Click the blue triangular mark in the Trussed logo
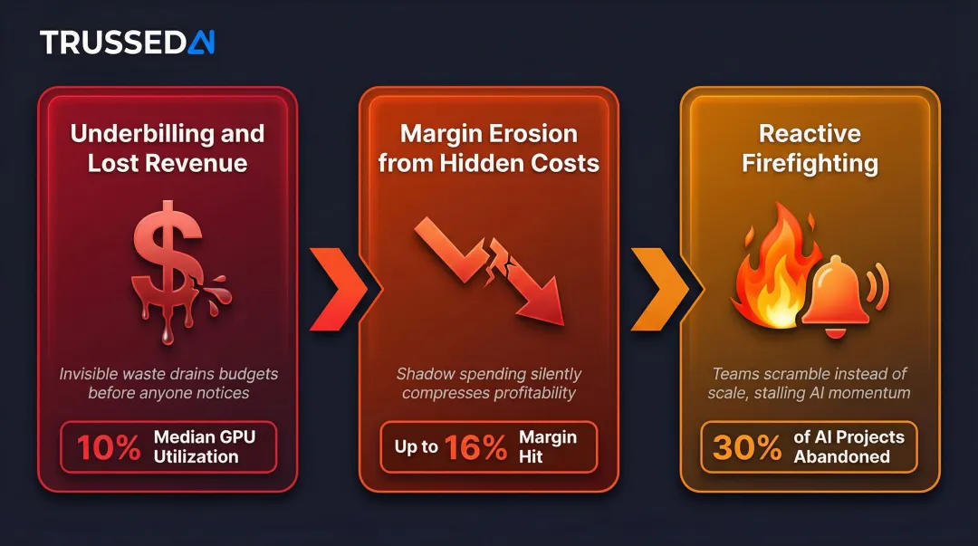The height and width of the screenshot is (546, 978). pos(201,43)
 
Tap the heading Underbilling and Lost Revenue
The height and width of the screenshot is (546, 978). pos(168,148)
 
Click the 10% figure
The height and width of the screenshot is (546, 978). pos(109,447)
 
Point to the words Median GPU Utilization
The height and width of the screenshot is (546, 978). pos(205,446)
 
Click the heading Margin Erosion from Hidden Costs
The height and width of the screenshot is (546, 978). pos(488,148)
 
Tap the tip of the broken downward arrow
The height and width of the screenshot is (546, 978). pos(563,324)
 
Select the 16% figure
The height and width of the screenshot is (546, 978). pos(476,447)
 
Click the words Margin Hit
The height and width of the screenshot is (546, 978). pos(548,446)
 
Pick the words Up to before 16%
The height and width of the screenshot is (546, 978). pos(416,446)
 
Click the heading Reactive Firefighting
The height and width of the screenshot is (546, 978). pos(810,148)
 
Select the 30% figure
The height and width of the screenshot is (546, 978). pos(746,447)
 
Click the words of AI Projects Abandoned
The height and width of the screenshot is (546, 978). pos(849,446)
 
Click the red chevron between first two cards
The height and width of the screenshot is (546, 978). pos(340,289)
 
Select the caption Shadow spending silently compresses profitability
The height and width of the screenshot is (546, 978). pos(488,383)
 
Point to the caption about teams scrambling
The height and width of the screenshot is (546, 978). pos(809,383)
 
